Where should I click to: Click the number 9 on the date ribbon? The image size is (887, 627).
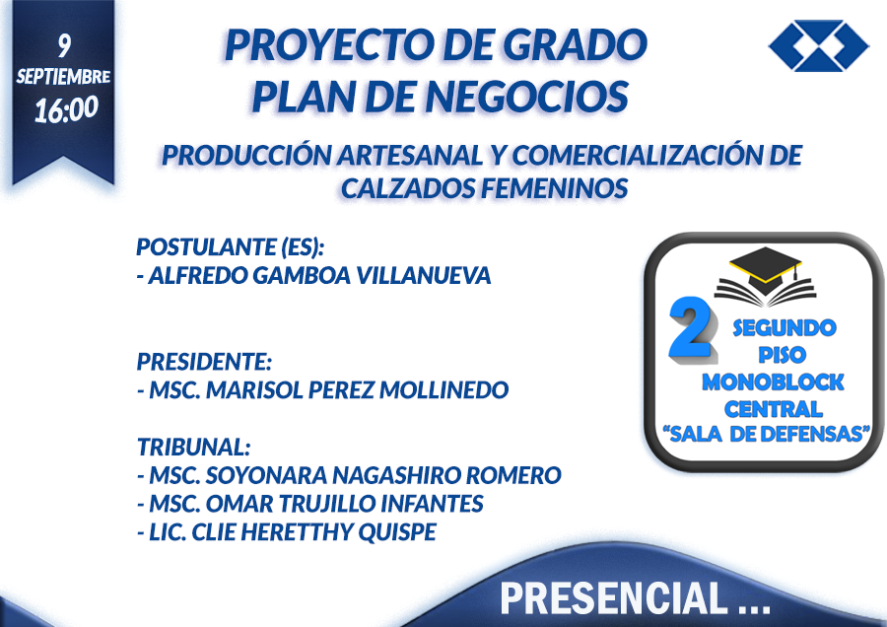pos(64,45)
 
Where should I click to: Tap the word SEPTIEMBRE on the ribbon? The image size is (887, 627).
pos(63,76)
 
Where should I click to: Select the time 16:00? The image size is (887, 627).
pos(66,109)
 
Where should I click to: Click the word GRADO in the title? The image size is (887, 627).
pos(575,45)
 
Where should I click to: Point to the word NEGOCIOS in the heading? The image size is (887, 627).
pos(526,97)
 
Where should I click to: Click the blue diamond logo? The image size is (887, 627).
pos(819,45)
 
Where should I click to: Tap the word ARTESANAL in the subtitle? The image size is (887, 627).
pos(410,156)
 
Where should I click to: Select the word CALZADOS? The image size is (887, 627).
pos(407,188)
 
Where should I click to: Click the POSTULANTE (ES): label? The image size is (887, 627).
pos(231,247)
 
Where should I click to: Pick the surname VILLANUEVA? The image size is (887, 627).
pos(424,276)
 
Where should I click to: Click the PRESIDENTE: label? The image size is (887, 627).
pos(204,362)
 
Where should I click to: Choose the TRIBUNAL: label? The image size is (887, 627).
pos(193,447)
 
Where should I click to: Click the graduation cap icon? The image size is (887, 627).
pos(766,276)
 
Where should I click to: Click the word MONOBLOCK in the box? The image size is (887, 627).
pos(773,383)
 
